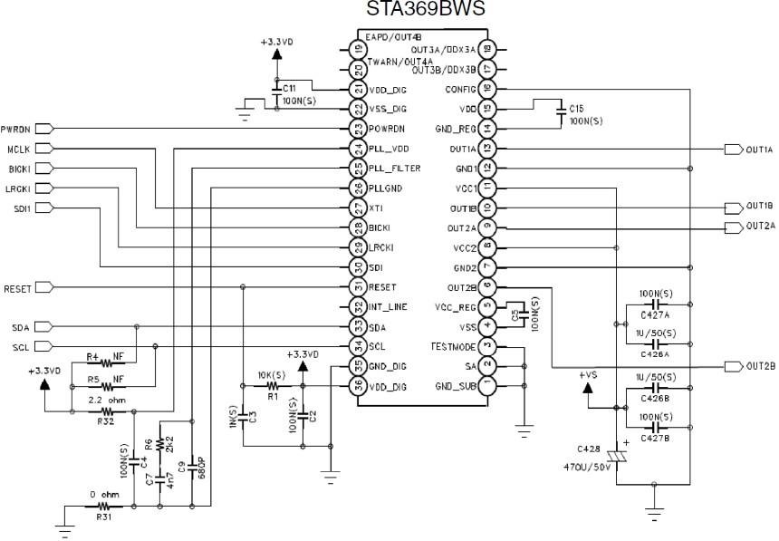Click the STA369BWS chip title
pos(425,9)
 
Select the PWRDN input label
pos(15,129)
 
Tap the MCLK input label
pos(17,149)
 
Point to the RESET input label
pos(17,288)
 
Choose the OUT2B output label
pos(760,366)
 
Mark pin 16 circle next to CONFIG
pos(487,89)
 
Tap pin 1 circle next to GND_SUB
pos(487,385)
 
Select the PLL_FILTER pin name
pos(396,169)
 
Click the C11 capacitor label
pos(290,87)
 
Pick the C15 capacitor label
pos(576,108)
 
